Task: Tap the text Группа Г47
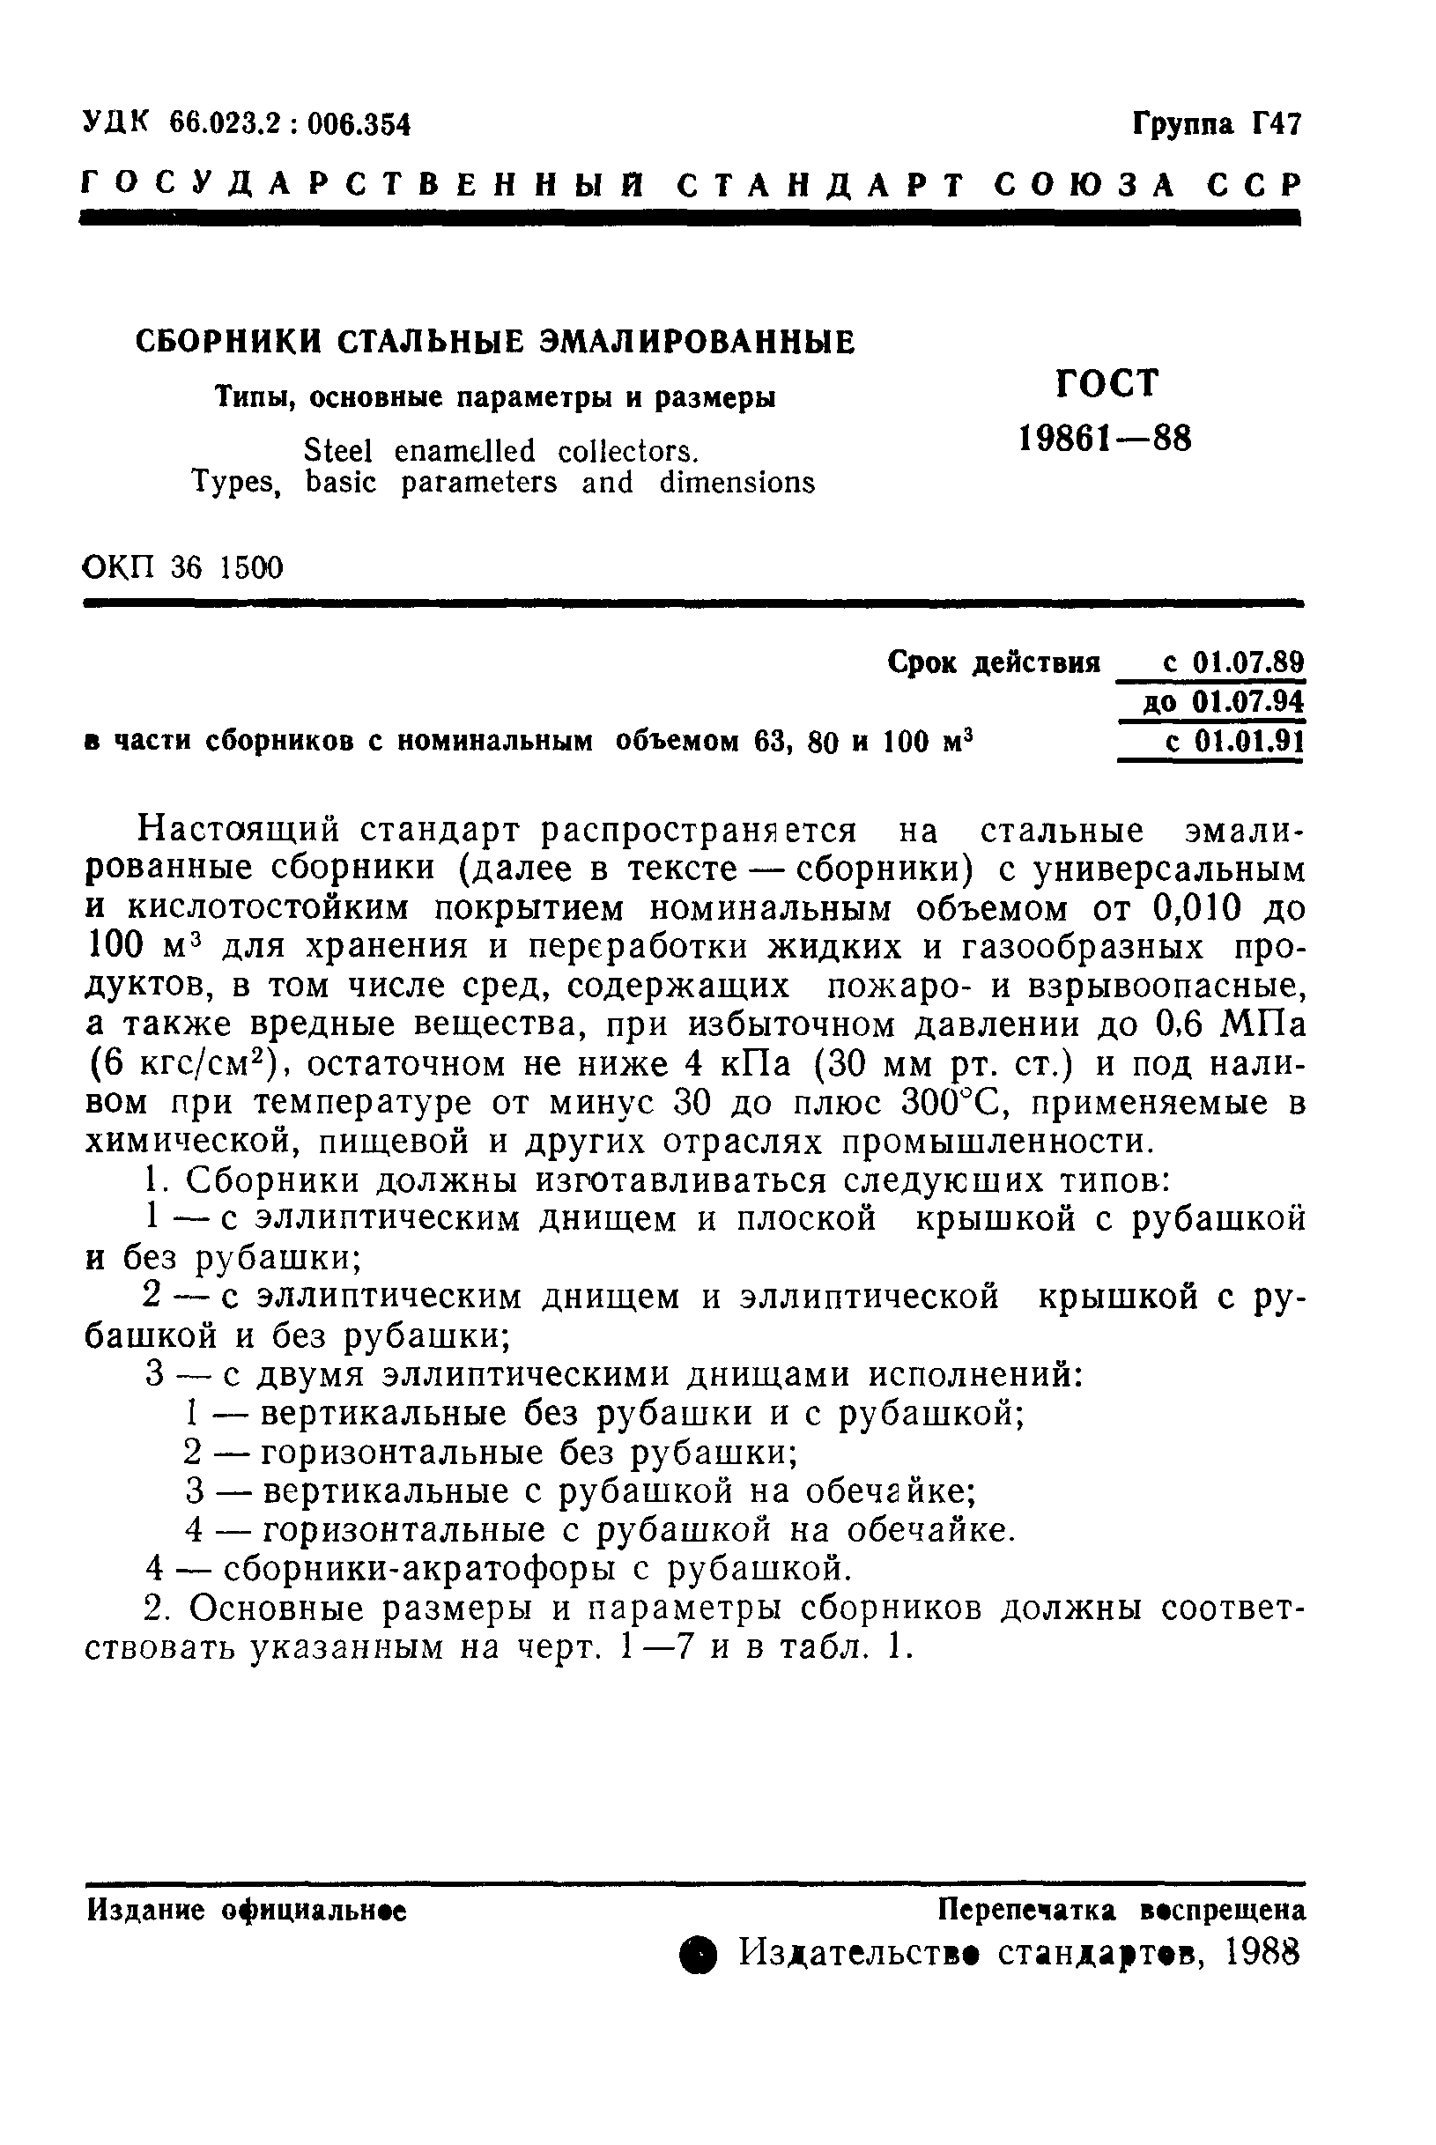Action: (x=1217, y=122)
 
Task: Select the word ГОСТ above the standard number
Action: (x=1107, y=382)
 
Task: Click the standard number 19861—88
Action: (x=1106, y=440)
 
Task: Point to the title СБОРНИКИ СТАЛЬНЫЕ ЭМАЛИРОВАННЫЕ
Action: (x=494, y=342)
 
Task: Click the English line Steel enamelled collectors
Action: (x=501, y=450)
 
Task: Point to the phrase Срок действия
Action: (x=994, y=662)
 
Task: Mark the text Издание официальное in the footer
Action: (x=248, y=1911)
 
